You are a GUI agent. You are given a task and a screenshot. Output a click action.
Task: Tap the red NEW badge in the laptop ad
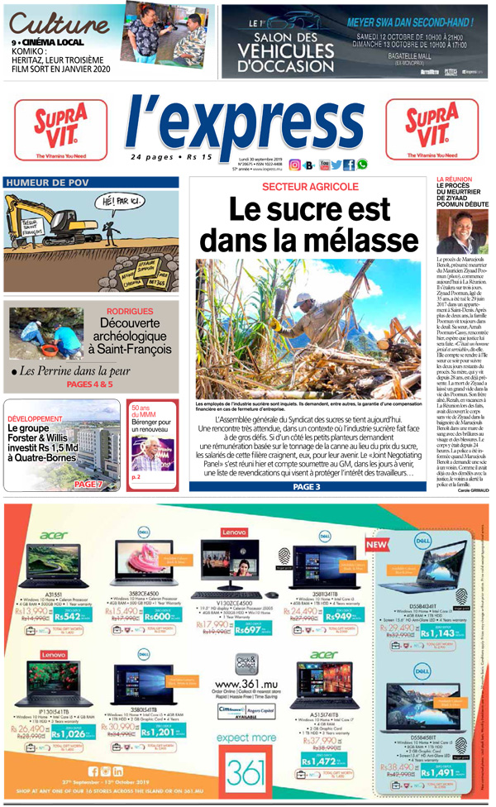376,546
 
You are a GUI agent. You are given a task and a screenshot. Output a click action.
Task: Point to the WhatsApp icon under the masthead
362,164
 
